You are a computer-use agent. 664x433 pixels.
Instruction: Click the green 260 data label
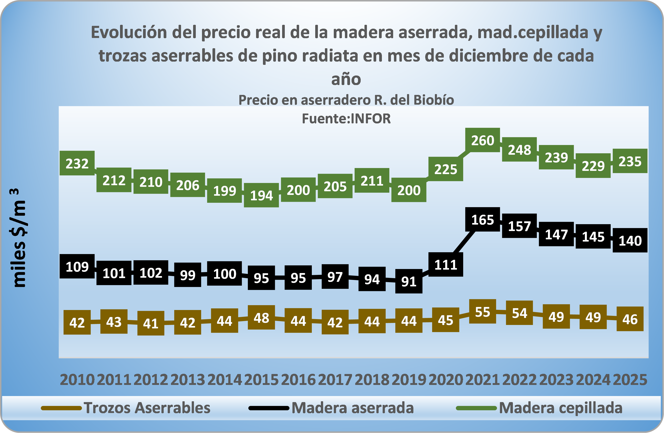482,140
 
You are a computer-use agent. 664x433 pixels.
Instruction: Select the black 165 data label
482,220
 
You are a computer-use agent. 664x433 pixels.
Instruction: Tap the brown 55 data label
482,312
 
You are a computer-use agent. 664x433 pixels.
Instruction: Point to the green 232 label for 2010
77,163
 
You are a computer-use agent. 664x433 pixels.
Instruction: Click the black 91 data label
409,281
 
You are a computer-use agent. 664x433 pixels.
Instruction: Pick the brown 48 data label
261,318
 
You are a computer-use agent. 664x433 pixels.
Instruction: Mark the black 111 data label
446,264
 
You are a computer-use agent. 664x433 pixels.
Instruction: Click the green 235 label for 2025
630,161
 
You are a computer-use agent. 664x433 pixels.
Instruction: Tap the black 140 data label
630,240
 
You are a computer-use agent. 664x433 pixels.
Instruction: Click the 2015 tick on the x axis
261,380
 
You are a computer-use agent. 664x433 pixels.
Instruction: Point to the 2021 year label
482,380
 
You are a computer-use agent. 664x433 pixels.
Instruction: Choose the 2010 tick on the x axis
77,380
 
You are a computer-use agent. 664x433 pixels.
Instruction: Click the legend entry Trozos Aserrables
147,408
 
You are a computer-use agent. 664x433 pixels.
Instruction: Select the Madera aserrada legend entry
352,408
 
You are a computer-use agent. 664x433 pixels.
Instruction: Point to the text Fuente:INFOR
346,119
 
